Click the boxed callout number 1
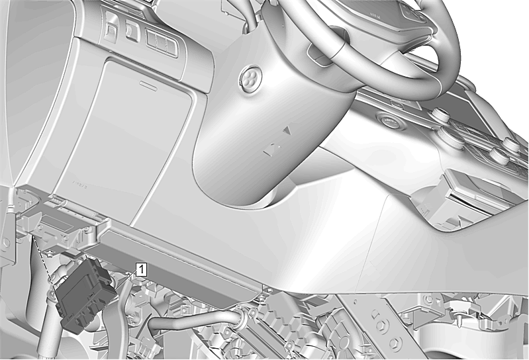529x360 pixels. click(x=142, y=269)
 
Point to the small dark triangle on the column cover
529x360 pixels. click(x=287, y=130)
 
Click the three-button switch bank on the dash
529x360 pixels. click(x=162, y=42)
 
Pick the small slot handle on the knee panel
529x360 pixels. click(x=149, y=85)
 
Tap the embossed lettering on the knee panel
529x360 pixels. click(x=80, y=184)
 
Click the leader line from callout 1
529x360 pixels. click(x=126, y=279)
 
